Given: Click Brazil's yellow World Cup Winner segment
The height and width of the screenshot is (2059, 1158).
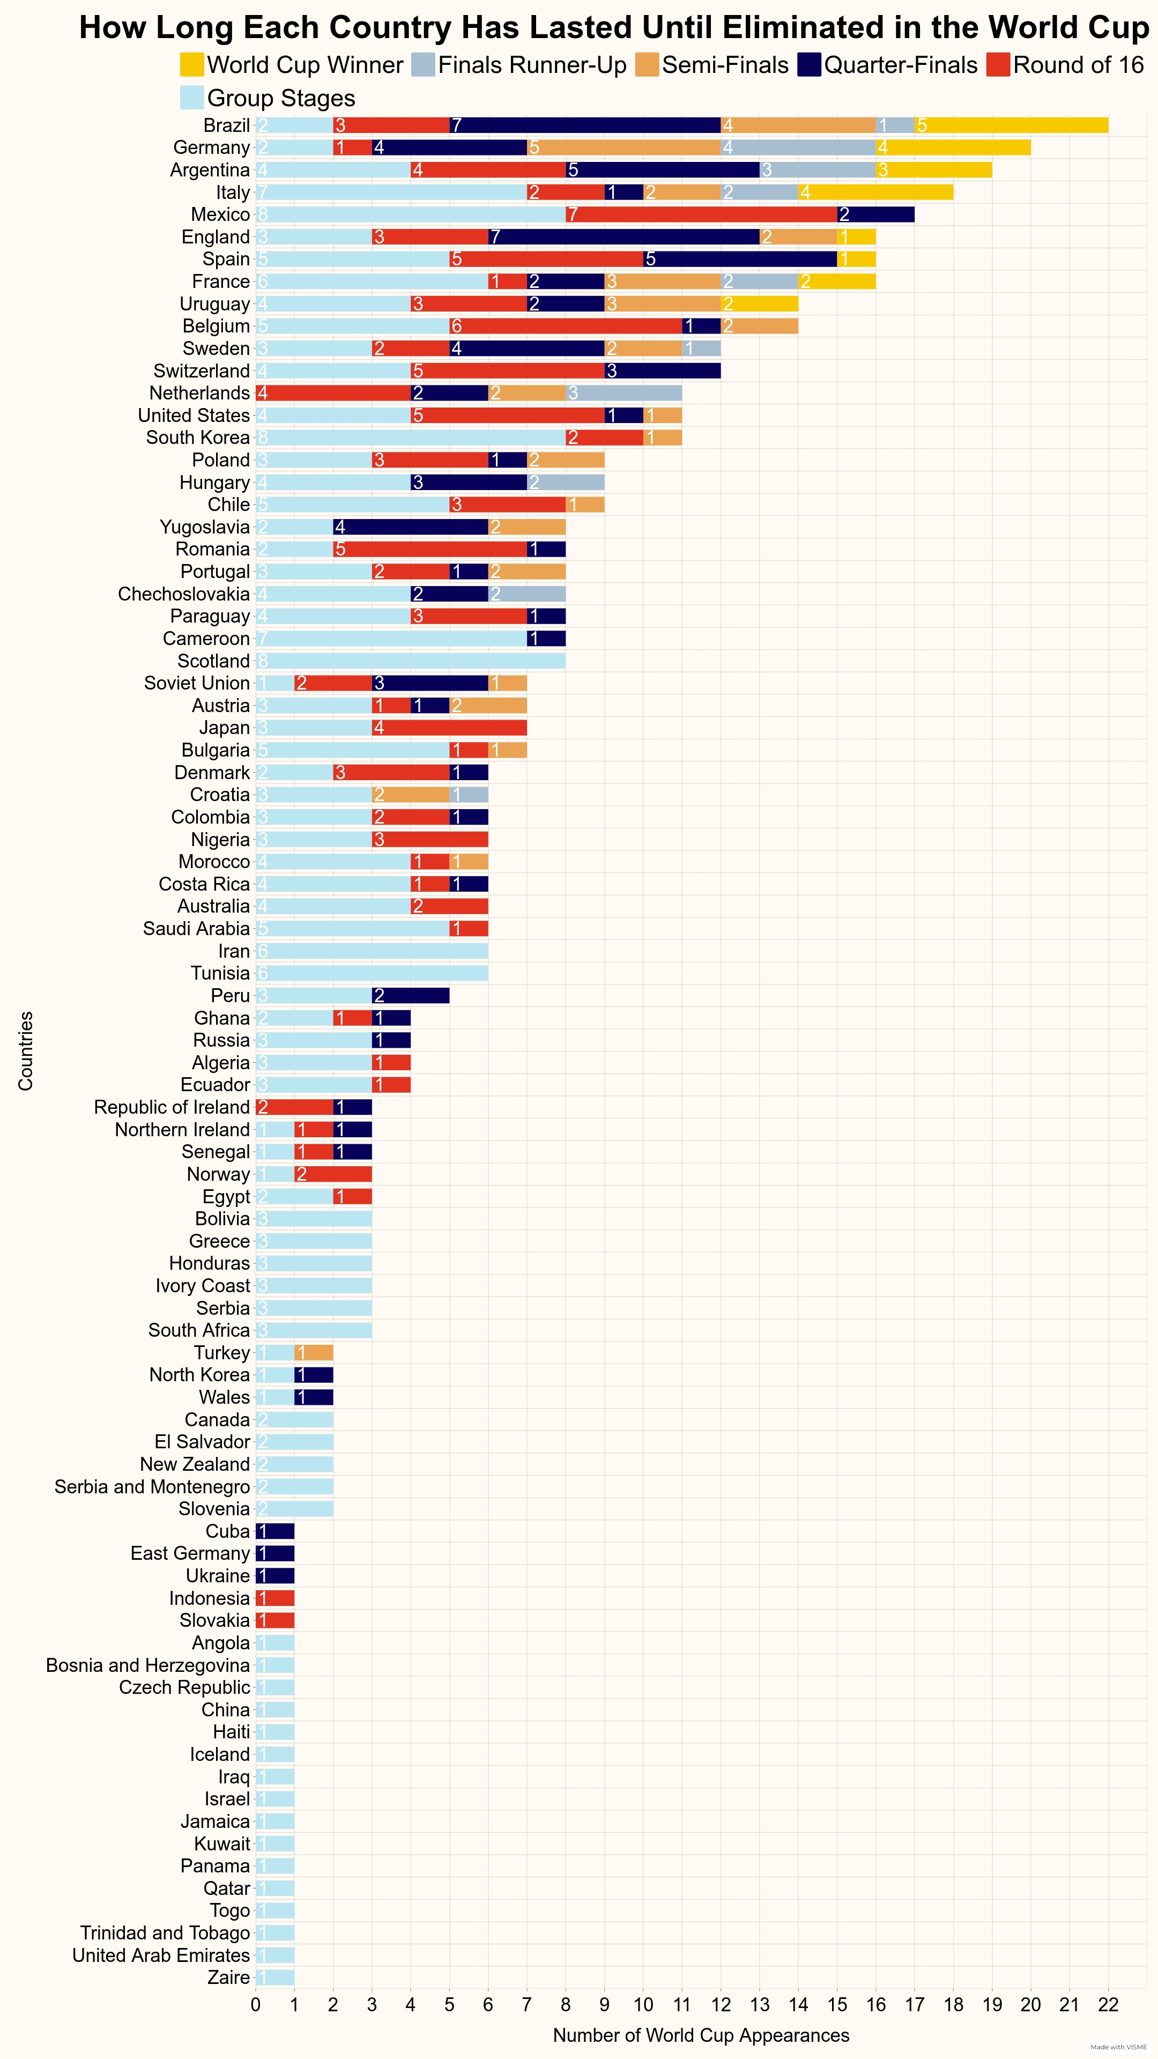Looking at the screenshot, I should (1011, 125).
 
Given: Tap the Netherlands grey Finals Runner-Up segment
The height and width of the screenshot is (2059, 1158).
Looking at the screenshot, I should (623, 393).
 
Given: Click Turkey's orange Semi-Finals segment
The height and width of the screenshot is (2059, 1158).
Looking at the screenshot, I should (313, 1352).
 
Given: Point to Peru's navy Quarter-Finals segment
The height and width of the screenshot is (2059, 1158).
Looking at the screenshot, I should (411, 996).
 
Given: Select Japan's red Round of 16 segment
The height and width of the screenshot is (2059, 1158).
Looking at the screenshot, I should (449, 728).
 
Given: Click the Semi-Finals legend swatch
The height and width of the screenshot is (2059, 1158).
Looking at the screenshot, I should (647, 65).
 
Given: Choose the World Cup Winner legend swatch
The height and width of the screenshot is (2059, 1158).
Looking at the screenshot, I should (192, 65).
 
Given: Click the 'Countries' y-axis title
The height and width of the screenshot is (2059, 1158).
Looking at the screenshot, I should (26, 1051).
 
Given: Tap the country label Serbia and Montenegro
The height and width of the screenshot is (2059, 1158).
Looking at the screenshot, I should (152, 1487).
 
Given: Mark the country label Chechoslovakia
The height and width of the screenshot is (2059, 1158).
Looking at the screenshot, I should (184, 594).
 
